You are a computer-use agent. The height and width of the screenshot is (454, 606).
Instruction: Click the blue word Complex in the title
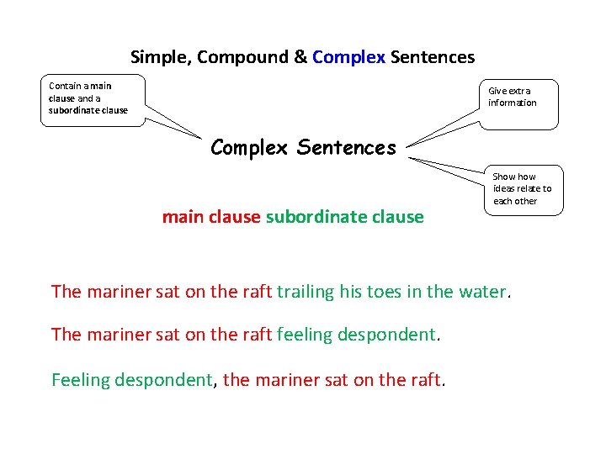click(348, 57)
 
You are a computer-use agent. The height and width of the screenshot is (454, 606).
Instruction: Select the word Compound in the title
click(243, 58)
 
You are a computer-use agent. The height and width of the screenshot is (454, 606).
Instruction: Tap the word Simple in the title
click(161, 58)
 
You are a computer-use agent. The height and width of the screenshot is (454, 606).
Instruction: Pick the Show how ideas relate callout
click(524, 189)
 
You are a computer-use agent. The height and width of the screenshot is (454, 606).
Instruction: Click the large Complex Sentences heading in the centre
click(303, 148)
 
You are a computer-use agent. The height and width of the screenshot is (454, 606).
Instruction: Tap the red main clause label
click(210, 217)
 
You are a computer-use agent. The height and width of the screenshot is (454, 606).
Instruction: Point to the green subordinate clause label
click(344, 217)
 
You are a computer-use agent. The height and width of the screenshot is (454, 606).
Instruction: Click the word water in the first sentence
click(483, 292)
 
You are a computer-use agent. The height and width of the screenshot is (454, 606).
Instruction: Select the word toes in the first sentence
click(383, 292)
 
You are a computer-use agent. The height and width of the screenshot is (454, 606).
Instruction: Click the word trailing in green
click(306, 292)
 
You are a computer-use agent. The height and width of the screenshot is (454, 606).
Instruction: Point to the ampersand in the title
click(300, 57)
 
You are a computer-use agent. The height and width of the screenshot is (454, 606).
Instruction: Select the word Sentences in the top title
click(432, 57)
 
